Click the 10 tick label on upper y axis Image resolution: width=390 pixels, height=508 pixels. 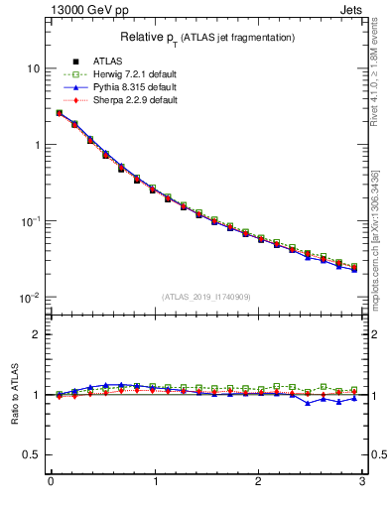(x=32, y=68)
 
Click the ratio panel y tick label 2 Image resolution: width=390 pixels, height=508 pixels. (x=35, y=334)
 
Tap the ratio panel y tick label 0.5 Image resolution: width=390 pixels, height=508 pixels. (x=31, y=454)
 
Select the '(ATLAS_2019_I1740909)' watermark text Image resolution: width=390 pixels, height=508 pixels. (x=205, y=297)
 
